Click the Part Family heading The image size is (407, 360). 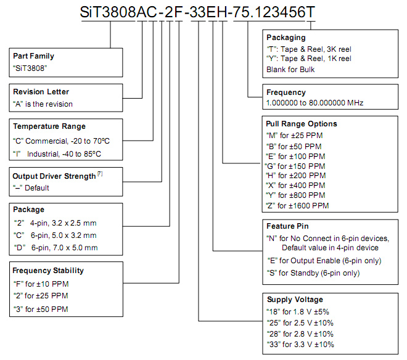pyautogui.click(x=33, y=56)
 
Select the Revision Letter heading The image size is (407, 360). pyautogui.click(x=41, y=92)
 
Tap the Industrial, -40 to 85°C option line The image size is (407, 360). pyautogui.click(x=57, y=154)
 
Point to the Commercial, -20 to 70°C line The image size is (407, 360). pyautogui.click(x=61, y=141)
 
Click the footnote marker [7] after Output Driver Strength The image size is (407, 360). pyautogui.click(x=100, y=174)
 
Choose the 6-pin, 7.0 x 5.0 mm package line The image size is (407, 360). pyautogui.click(x=55, y=248)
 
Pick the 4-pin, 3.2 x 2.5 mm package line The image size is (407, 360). pyautogui.click(x=55, y=223)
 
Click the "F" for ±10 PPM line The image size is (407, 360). pyautogui.click(x=41, y=284)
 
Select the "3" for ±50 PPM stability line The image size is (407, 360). pyautogui.click(x=41, y=309)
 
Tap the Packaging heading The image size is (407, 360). pyautogui.click(x=286, y=38)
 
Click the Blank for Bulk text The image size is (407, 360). pyautogui.click(x=290, y=70)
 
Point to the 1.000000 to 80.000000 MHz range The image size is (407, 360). pyautogui.click(x=315, y=103)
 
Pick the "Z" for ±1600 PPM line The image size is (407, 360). pyautogui.click(x=297, y=205)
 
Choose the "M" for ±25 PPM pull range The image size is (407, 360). pyautogui.click(x=295, y=136)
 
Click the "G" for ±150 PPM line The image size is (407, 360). pyautogui.click(x=295, y=166)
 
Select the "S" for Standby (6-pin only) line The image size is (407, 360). pyautogui.click(x=313, y=273)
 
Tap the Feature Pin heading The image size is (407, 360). pyautogui.click(x=287, y=226)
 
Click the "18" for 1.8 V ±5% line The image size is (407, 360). pyautogui.click(x=298, y=311)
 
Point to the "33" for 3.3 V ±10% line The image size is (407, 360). pyautogui.click(x=300, y=345)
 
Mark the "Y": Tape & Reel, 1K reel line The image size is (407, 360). pyautogui.click(x=309, y=59)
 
